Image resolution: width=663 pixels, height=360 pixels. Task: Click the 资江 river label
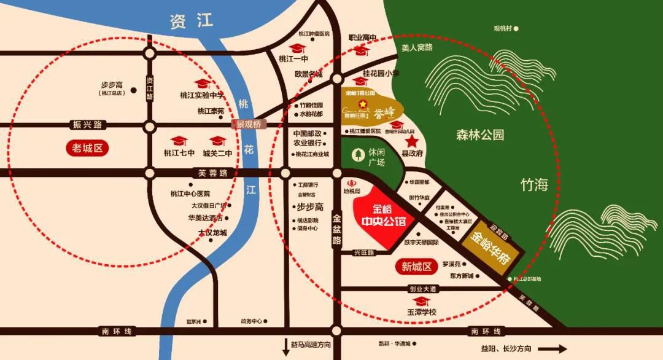pyautogui.click(x=191, y=22)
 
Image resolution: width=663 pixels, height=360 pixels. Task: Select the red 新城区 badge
pyautogui.click(x=417, y=267)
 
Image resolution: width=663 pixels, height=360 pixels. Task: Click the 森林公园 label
pyautogui.click(x=480, y=135)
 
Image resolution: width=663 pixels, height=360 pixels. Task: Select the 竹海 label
pyautogui.click(x=533, y=185)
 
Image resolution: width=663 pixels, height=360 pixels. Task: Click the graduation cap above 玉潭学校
pyautogui.click(x=421, y=300)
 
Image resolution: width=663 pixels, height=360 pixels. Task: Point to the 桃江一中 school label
pyautogui.click(x=292, y=60)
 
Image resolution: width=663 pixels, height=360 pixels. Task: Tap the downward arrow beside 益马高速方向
pyautogui.click(x=285, y=345)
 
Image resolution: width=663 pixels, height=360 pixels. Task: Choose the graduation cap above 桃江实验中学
pyautogui.click(x=201, y=84)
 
